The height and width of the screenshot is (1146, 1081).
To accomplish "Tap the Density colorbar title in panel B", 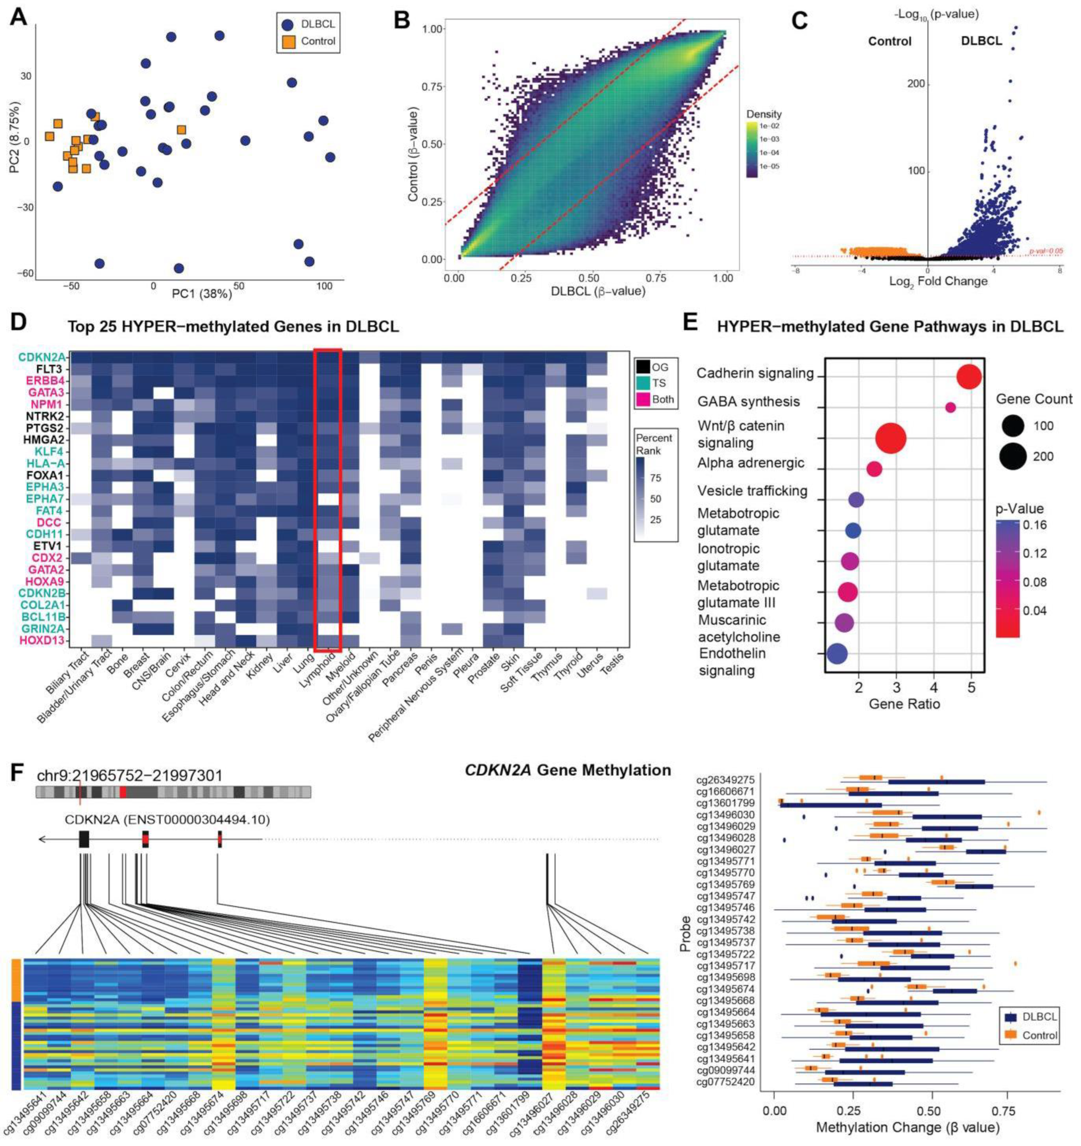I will tap(764, 114).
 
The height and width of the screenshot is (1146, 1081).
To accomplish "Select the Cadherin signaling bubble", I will tap(969, 377).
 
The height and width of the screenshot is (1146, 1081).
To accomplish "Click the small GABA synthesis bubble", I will tap(950, 408).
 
